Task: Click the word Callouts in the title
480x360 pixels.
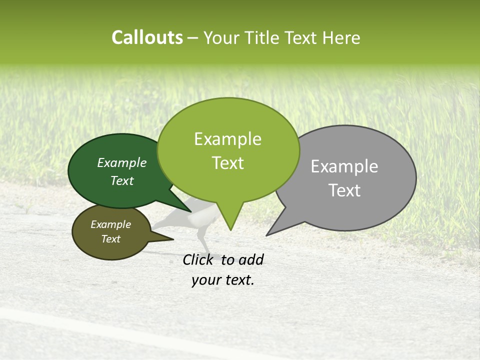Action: coord(147,37)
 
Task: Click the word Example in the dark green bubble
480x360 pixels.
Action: coord(122,162)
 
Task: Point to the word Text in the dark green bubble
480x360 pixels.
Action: coord(122,180)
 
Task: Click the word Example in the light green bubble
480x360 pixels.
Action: coord(227,139)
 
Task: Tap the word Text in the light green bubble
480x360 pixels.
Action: coord(227,163)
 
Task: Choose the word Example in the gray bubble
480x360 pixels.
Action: coord(344,166)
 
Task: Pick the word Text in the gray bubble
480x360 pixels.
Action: coord(344,190)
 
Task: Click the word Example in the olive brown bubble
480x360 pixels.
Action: coord(111,224)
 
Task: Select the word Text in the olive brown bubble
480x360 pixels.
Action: coord(111,239)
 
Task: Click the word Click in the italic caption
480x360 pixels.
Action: coord(199,259)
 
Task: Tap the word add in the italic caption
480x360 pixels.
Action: coord(250,259)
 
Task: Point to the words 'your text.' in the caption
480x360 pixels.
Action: coord(223,280)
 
